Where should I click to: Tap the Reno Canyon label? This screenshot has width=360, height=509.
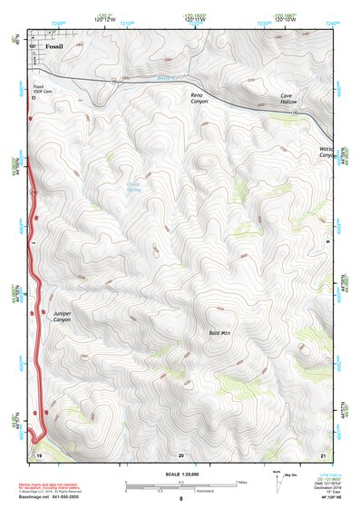(x=199, y=98)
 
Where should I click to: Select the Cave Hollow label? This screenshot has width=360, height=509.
(x=287, y=99)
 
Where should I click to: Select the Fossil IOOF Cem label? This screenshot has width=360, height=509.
(x=39, y=90)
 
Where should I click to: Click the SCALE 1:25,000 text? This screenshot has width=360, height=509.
(x=180, y=474)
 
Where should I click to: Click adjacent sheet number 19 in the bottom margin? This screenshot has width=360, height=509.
(x=39, y=453)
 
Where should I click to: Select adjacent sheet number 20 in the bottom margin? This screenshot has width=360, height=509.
(x=180, y=453)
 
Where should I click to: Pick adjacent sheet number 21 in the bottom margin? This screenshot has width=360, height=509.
(x=323, y=453)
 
